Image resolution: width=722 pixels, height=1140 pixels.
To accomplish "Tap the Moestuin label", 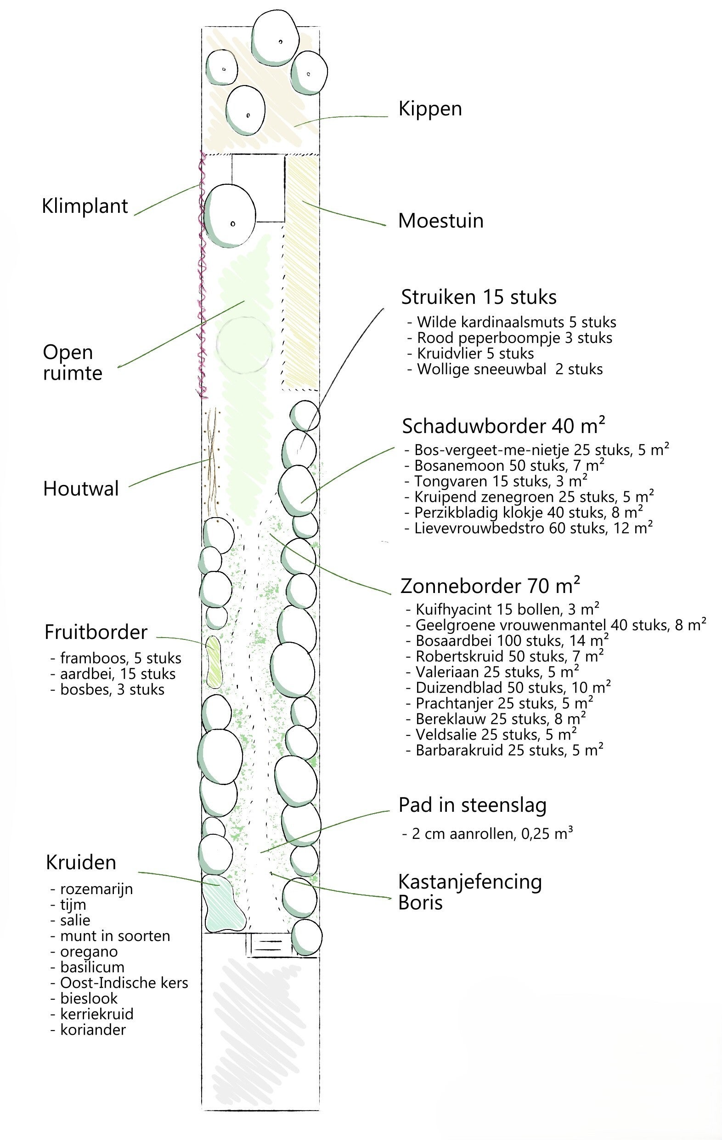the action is pos(441,221).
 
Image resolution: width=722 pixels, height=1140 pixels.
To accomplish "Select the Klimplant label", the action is pos(85,206).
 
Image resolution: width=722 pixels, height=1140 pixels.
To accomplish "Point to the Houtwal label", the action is pos(81,489).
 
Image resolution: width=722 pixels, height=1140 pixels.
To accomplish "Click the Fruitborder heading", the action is pos(96,633).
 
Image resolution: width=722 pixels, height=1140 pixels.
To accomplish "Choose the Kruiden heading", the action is pos(81,862).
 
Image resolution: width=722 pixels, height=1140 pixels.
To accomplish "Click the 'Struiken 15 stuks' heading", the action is pos(479,297).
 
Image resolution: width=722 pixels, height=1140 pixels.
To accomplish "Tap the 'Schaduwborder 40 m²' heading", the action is pos(503,426).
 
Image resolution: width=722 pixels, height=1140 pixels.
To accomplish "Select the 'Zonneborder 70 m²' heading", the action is pos(490,586).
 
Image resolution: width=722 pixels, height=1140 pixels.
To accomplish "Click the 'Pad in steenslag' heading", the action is pos(472,805).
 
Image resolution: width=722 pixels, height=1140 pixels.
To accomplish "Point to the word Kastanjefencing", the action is pos(470,882).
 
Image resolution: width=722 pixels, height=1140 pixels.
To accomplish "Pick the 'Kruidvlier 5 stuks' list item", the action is pos(471,353).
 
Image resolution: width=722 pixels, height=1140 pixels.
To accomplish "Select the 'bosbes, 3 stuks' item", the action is pos(107,690).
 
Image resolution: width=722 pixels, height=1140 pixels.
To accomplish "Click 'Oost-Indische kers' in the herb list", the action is pos(119,983).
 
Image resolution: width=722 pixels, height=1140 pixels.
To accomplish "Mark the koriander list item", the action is pos(89,1030).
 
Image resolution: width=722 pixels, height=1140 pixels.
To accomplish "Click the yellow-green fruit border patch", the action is pos(214,662).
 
